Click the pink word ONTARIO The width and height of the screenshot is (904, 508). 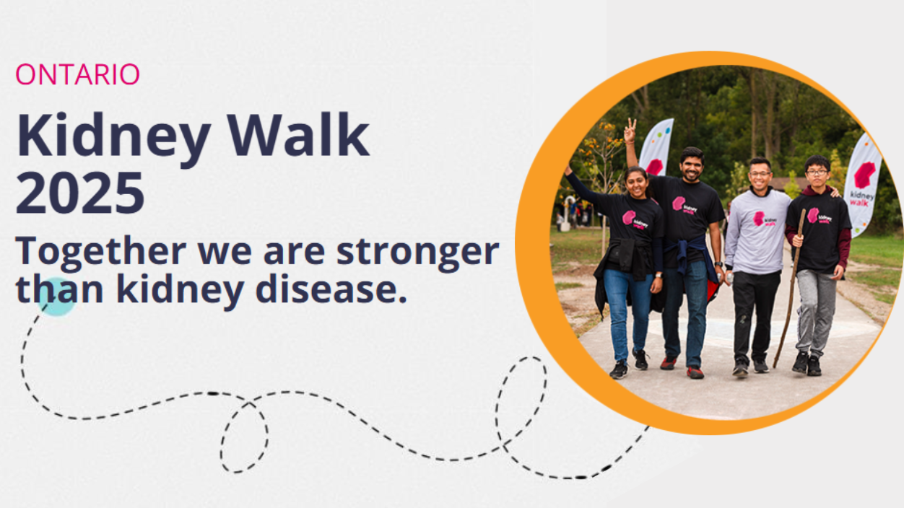(x=77, y=74)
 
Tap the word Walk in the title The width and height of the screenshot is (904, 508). (x=299, y=134)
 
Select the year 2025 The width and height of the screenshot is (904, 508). (x=80, y=193)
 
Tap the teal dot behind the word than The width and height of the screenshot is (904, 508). (x=57, y=297)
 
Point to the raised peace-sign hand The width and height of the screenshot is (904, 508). (x=630, y=130)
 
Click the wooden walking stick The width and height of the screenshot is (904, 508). (x=789, y=289)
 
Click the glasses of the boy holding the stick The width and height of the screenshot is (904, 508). (x=817, y=172)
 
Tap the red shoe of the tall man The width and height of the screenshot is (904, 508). (x=695, y=372)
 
